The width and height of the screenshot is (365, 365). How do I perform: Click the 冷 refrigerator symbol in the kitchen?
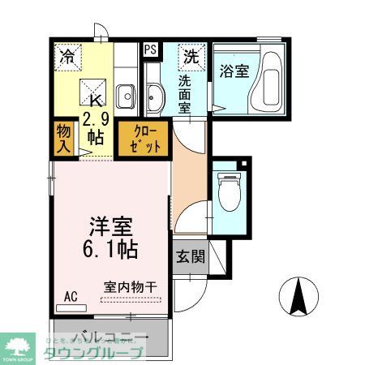[66, 57]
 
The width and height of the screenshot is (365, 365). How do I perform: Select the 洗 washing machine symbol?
[189, 57]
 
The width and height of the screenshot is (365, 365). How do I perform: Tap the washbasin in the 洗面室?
[155, 97]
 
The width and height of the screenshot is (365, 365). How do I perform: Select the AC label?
[71, 296]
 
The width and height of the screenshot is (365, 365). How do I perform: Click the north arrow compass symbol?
[300, 297]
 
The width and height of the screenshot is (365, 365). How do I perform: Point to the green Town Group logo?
[18, 345]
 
